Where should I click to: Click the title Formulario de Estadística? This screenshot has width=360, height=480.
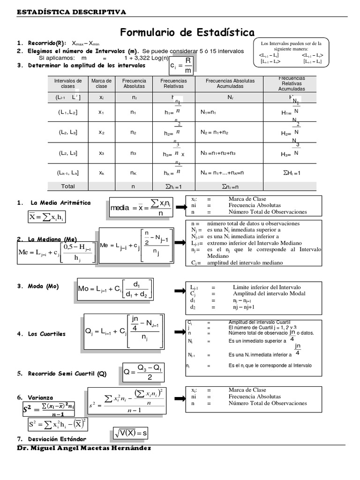[187, 32]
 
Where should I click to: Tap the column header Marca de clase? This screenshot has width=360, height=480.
[101, 83]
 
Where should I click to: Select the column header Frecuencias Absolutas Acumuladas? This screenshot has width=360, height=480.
[230, 83]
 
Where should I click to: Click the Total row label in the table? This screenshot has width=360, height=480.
[68, 186]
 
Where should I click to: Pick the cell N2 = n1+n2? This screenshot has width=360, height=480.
[214, 133]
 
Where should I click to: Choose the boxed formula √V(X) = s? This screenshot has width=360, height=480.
[131, 433]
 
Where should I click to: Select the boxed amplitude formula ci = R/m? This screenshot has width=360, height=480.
[181, 65]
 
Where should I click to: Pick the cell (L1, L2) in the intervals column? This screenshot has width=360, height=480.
[68, 112]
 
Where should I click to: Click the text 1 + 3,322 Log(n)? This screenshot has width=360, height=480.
[146, 58]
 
